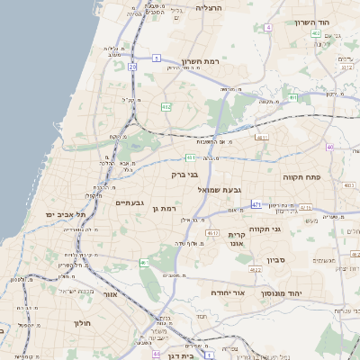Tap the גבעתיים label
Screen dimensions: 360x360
[x=130, y=202]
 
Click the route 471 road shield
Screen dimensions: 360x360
[x=256, y=204]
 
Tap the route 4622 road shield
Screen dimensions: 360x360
[x=255, y=269]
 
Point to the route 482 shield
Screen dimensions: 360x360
[x=166, y=106]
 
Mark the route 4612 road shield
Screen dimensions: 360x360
[x=212, y=233]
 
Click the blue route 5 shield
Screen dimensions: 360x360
[x=156, y=58]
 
